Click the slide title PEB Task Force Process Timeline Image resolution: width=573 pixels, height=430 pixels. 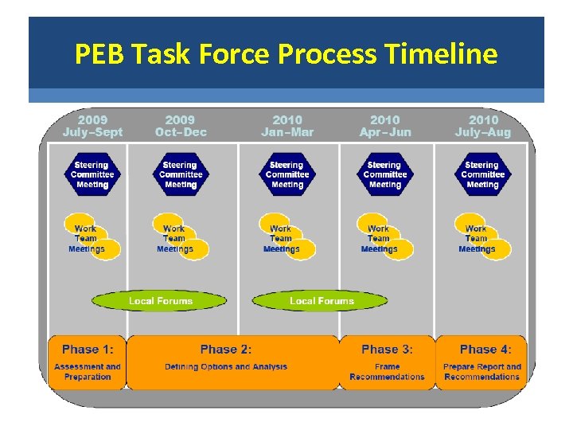pyautogui.click(x=286, y=54)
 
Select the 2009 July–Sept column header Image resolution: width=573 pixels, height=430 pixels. pyautogui.click(x=93, y=126)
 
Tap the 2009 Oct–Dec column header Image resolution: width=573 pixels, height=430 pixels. pyautogui.click(x=180, y=126)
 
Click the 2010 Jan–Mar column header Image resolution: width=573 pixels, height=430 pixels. pyautogui.click(x=287, y=126)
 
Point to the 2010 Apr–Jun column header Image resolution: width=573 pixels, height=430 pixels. pyautogui.click(x=385, y=126)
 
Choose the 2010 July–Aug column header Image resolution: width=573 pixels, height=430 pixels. pyautogui.click(x=483, y=126)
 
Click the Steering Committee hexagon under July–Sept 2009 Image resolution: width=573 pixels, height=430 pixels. pyautogui.click(x=92, y=174)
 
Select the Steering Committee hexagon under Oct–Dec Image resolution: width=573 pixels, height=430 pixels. pyautogui.click(x=181, y=174)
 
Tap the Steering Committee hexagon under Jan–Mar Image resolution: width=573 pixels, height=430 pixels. pyautogui.click(x=287, y=174)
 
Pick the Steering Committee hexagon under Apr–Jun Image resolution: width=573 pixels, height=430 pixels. pyautogui.click(x=385, y=174)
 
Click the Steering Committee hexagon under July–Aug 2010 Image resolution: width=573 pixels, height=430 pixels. pyautogui.click(x=482, y=174)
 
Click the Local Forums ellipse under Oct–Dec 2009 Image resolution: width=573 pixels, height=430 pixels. pyautogui.click(x=160, y=301)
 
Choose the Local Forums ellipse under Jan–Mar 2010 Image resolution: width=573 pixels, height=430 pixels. pyautogui.click(x=321, y=301)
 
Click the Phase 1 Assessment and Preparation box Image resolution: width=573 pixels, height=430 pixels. pyautogui.click(x=88, y=362)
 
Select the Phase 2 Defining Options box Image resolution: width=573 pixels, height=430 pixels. pyautogui.click(x=232, y=362)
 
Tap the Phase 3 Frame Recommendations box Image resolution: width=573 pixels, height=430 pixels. pyautogui.click(x=387, y=362)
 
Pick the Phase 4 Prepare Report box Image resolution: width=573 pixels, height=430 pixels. pyautogui.click(x=482, y=362)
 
